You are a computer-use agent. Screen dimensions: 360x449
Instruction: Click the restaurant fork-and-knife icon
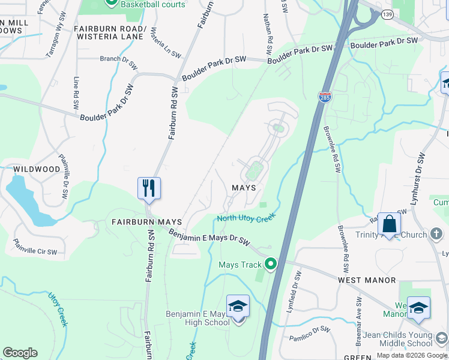[x=148, y=188]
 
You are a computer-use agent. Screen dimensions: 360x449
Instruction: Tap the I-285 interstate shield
[x=324, y=97]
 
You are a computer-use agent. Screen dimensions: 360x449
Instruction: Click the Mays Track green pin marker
[x=271, y=264]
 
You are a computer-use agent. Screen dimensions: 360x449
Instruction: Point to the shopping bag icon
[x=390, y=224]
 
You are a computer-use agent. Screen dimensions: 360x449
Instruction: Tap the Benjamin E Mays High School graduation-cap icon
[x=238, y=306]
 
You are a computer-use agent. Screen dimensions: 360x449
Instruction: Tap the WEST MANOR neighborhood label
[x=367, y=280]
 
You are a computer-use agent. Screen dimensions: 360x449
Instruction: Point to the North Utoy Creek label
[x=246, y=217]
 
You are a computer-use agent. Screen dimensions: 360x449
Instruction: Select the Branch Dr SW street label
[x=119, y=59]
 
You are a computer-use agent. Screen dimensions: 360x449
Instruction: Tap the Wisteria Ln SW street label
[x=165, y=43]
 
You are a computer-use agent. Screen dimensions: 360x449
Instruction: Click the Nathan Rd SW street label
[x=268, y=29]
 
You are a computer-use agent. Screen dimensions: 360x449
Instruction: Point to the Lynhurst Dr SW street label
[x=418, y=179]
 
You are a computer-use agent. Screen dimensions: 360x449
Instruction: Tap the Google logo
[x=20, y=353]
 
